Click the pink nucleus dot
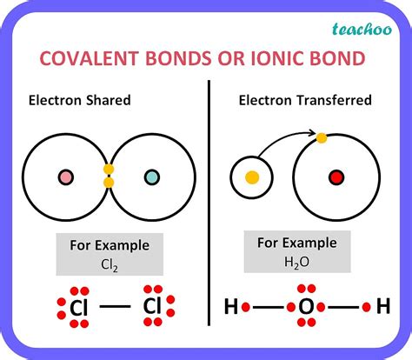[65, 177]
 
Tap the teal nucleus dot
[152, 177]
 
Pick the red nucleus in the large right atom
[336, 178]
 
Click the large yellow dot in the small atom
[252, 177]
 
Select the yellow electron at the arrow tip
[322, 137]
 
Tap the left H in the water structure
[231, 307]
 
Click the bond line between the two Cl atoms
[114, 306]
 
